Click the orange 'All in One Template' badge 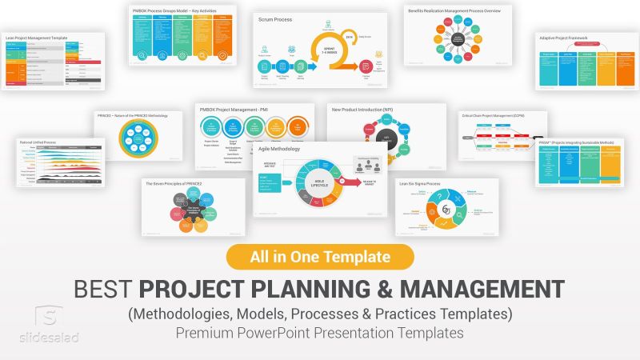320,257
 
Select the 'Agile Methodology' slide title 279,149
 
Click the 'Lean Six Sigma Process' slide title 421,184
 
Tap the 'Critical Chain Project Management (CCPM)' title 493,116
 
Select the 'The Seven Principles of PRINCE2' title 174,184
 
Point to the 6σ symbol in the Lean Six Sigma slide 446,210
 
